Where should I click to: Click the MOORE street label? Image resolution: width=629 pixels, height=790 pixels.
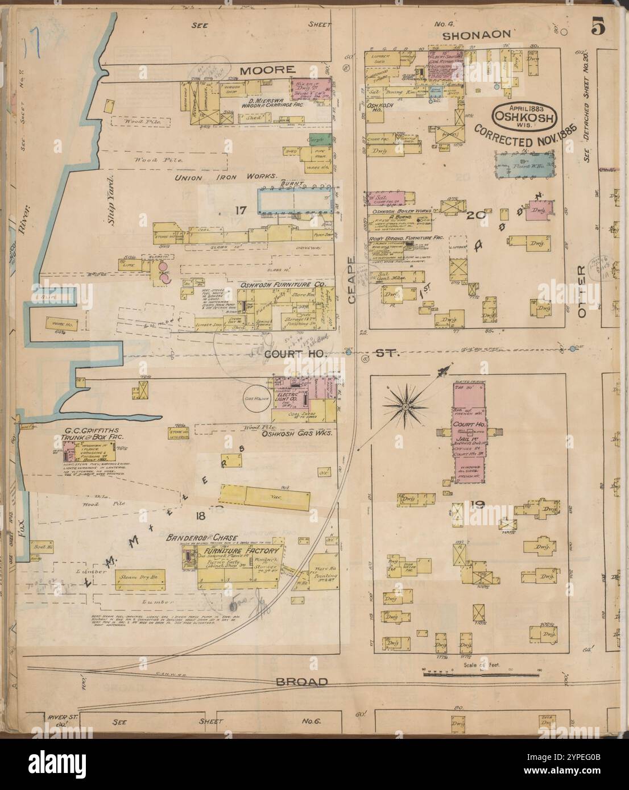(x=267, y=70)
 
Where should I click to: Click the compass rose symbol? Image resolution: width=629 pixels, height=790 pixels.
(x=405, y=406)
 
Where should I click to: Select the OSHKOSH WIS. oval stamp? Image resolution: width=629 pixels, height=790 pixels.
(x=524, y=114)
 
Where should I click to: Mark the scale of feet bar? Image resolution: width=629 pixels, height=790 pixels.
(x=481, y=674)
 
